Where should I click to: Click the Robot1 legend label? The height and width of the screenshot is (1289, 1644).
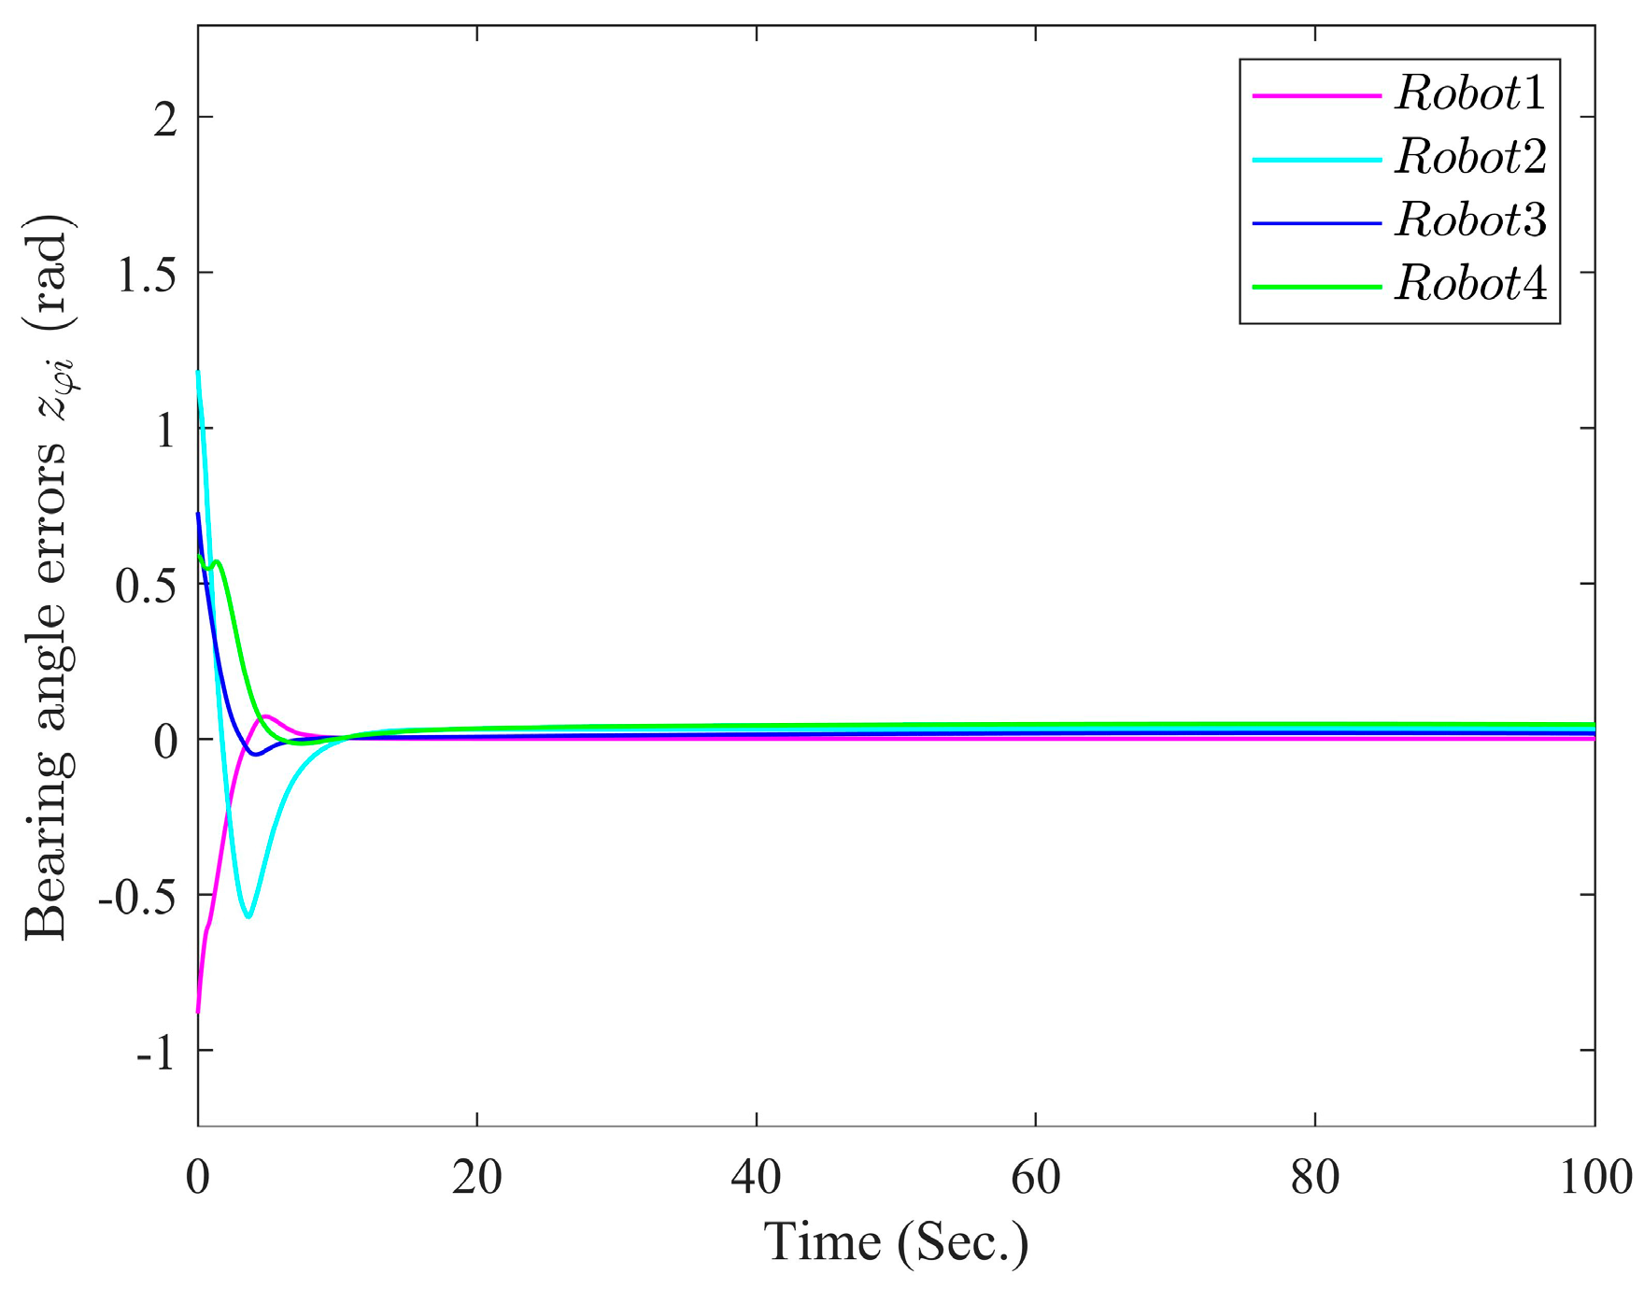[1470, 94]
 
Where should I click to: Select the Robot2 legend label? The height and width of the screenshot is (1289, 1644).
[1470, 158]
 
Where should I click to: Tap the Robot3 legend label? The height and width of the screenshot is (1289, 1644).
[1470, 221]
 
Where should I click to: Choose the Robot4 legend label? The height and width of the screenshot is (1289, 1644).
[1470, 284]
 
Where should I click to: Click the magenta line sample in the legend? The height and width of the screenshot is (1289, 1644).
[1316, 95]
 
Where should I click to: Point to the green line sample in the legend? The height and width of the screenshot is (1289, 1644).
[1316, 286]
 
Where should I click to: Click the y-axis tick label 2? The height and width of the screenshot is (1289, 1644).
[165, 119]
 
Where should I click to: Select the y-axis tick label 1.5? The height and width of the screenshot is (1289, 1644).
[146, 275]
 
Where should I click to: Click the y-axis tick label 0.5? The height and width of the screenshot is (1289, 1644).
[146, 587]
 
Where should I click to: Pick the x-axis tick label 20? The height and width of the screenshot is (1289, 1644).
[476, 1179]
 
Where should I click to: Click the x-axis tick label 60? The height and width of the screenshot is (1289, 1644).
[1035, 1179]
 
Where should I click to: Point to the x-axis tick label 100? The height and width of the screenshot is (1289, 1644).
[1595, 1179]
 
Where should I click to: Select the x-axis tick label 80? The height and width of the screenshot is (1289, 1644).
[1314, 1179]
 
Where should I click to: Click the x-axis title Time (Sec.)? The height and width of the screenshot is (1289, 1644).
[896, 1243]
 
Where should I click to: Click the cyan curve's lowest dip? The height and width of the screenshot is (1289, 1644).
[248, 916]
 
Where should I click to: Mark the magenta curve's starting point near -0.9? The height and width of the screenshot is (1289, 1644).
[198, 1012]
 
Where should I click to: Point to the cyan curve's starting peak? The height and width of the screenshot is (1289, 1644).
[198, 373]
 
